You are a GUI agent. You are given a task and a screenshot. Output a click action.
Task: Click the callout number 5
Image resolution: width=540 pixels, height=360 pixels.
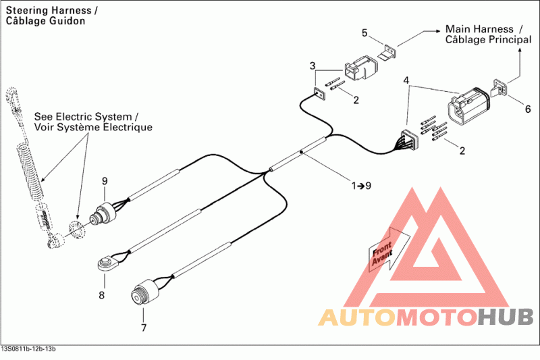click(x=364, y=33)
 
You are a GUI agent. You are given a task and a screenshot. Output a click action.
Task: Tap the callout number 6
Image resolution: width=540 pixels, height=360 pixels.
click(x=528, y=109)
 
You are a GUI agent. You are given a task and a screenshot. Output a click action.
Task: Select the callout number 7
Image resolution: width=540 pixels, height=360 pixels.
click(x=144, y=328)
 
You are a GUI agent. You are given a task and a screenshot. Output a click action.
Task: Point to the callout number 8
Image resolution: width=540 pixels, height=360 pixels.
click(x=102, y=295)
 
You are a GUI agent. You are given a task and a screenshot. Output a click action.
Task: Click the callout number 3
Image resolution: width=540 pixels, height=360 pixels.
click(x=313, y=66)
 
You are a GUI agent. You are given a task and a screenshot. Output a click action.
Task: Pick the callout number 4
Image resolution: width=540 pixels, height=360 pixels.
click(x=406, y=80)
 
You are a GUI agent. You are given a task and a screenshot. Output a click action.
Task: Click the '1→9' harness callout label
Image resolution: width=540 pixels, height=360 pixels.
click(x=361, y=186)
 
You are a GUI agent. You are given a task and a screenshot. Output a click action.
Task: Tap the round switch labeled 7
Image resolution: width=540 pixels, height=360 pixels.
click(x=145, y=292)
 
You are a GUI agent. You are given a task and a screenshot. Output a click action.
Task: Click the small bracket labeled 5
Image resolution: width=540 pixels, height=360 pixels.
click(x=387, y=52)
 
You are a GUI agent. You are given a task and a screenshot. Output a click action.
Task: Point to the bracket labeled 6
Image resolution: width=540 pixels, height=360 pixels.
click(x=499, y=88)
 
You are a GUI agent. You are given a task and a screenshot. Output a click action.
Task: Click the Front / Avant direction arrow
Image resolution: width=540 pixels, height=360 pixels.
click(x=389, y=250)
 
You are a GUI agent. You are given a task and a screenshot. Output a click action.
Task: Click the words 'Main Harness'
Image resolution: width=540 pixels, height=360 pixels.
click(x=479, y=29)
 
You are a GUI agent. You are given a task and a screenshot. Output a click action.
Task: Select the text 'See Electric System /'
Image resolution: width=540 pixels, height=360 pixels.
click(x=86, y=116)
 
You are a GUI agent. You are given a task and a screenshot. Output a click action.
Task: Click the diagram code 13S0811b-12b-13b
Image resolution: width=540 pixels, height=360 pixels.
click(x=28, y=349)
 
